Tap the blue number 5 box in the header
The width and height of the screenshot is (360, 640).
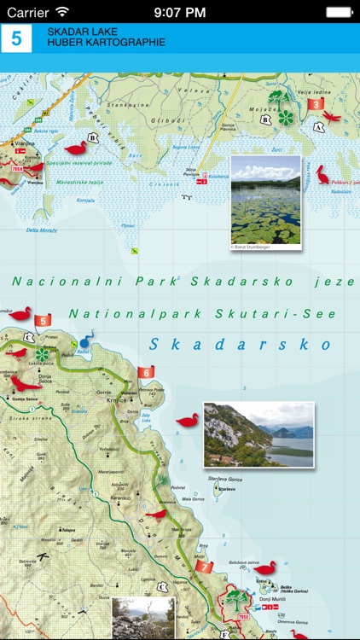click(x=16, y=38)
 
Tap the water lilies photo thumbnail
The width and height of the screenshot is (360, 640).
click(x=265, y=202)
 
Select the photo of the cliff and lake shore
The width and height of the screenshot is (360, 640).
click(x=258, y=434)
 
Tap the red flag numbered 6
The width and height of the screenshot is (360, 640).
click(x=147, y=372)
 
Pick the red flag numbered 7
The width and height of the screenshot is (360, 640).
click(x=204, y=566)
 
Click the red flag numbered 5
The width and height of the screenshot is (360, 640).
click(x=44, y=320)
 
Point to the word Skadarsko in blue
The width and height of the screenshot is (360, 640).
click(x=240, y=345)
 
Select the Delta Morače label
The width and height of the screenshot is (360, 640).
click(x=41, y=230)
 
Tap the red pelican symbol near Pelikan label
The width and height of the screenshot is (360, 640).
click(x=322, y=175)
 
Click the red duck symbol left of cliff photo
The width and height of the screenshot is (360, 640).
click(x=187, y=421)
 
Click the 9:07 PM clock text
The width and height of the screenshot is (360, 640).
click(x=180, y=12)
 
